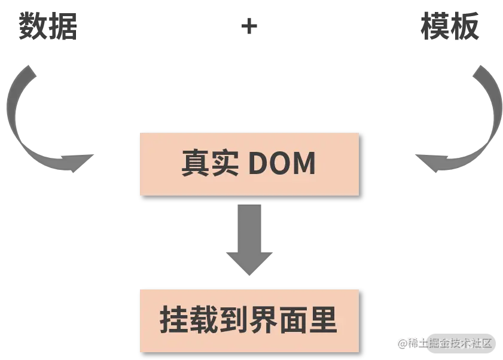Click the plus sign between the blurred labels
[248, 28]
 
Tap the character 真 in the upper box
[196, 163]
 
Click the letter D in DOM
[258, 163]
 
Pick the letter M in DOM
[304, 163]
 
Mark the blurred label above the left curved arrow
[46, 28]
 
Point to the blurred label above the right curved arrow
[450, 28]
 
